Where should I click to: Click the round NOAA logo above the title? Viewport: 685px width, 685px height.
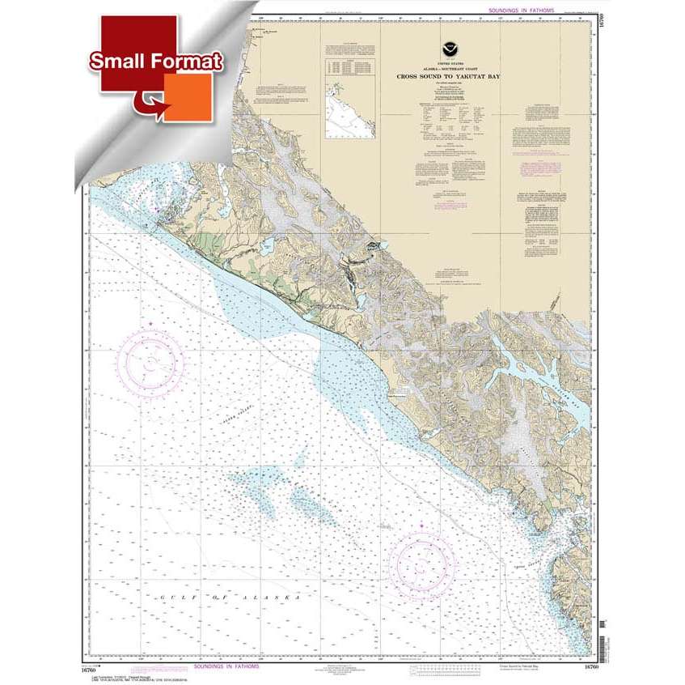(x=446, y=50)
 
